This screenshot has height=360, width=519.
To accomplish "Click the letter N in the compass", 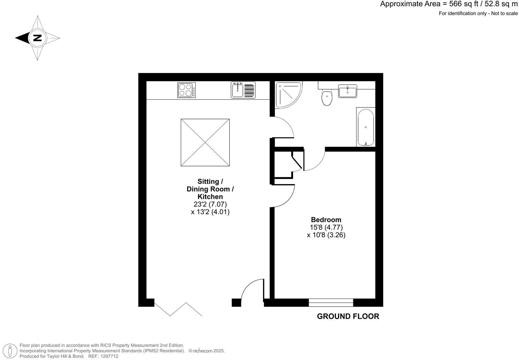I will (37, 38).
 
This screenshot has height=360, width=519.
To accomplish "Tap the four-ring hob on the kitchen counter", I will (187, 90).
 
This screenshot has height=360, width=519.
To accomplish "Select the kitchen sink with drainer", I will (243, 90).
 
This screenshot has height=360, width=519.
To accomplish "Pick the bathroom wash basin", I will (348, 91).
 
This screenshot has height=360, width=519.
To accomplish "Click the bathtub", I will (366, 127).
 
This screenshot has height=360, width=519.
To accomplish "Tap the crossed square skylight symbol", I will (205, 142).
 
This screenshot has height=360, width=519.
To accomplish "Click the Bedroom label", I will (326, 220).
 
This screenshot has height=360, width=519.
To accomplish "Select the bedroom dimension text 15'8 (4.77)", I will (326, 227).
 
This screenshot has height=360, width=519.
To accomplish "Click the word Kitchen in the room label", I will (210, 197).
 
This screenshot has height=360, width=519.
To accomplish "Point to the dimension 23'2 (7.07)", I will (210, 204).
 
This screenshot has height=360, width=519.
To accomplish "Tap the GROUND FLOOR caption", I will (348, 316).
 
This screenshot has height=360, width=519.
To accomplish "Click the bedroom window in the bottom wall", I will (331, 302).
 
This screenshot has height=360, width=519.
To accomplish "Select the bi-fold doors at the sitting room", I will (178, 309).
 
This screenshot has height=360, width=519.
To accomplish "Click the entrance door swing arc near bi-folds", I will (252, 290).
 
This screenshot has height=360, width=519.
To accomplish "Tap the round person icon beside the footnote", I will (12, 351).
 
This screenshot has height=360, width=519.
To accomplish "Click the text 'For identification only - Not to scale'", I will (478, 13).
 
